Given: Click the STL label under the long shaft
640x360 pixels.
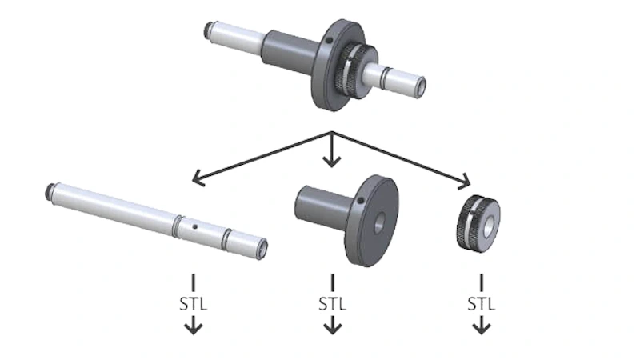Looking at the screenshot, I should click(193, 305).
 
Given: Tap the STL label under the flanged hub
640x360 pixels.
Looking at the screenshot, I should click(333, 305).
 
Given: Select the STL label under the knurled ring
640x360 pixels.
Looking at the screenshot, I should click(481, 305).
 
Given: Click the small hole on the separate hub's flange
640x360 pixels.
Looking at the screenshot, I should click(361, 200).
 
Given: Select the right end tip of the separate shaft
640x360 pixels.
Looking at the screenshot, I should click(261, 247).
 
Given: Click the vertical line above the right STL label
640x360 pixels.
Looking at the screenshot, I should click(481, 282).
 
